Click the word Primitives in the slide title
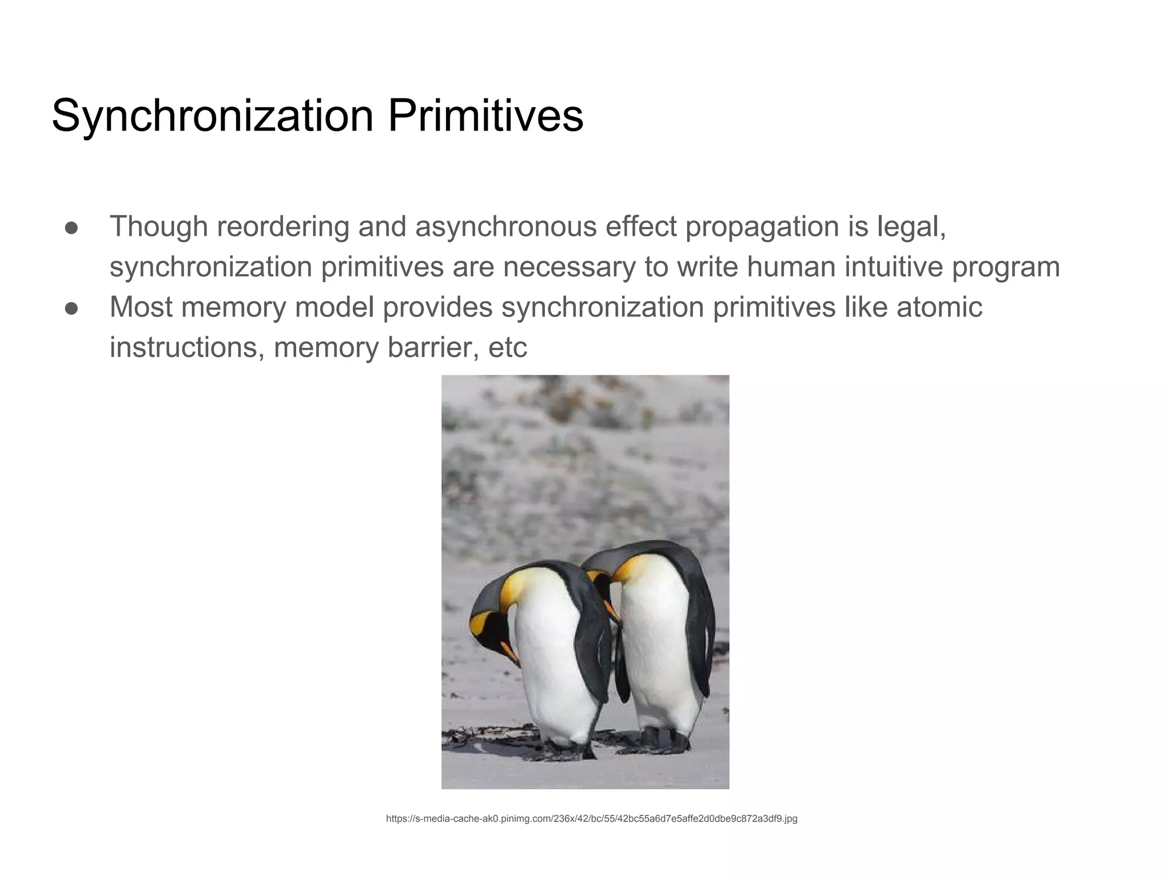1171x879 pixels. tap(485, 116)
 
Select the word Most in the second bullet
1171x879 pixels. tap(141, 307)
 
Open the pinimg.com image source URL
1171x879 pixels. tap(591, 819)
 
